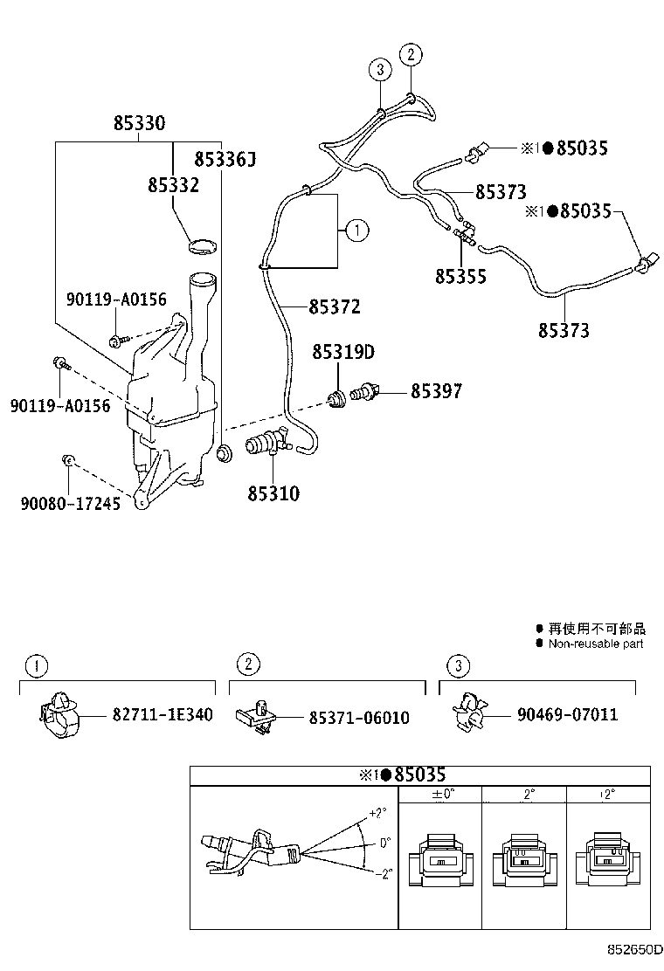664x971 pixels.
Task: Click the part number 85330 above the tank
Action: tap(139, 124)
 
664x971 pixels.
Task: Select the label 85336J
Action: tap(225, 159)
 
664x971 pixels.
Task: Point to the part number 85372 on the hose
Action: tap(334, 307)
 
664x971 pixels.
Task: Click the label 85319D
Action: tap(343, 353)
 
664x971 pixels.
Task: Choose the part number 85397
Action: tap(436, 392)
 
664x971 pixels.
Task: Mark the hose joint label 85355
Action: tap(460, 276)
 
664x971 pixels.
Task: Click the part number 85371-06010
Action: tap(358, 717)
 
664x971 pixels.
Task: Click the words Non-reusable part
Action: tap(595, 644)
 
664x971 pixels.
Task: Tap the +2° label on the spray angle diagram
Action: tap(377, 812)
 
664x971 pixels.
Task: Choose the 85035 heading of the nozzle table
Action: tap(419, 775)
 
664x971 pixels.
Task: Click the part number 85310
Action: tap(273, 494)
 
